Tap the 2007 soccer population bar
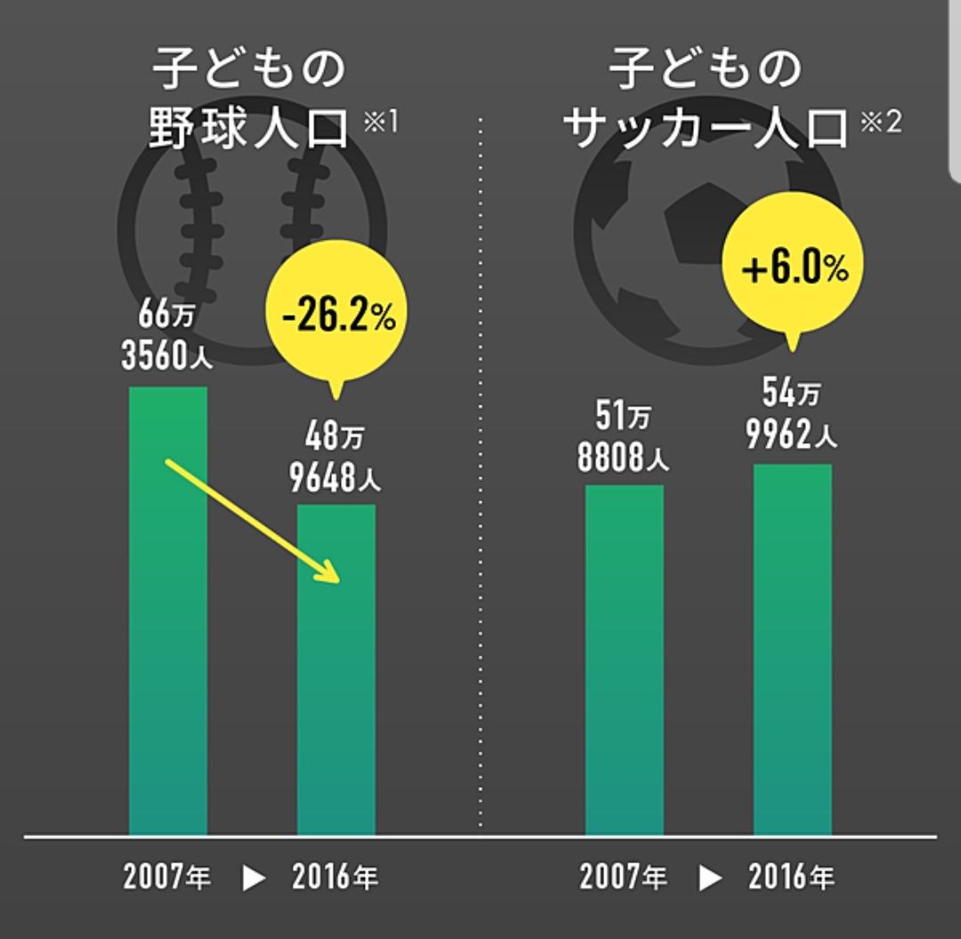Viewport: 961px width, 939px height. [x=624, y=662]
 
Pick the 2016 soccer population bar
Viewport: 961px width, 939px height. [x=792, y=654]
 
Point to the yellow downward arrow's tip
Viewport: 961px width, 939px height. [x=335, y=581]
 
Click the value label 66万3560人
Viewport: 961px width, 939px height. [x=166, y=336]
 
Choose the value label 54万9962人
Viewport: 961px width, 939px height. [x=792, y=414]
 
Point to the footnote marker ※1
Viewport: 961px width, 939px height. [x=380, y=120]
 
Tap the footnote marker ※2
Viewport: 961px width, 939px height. [x=881, y=121]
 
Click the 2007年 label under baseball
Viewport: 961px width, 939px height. [x=167, y=879]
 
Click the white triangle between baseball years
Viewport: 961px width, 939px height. [x=254, y=879]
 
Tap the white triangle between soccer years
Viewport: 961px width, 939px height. [x=709, y=879]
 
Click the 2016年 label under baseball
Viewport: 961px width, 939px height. [x=335, y=879]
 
